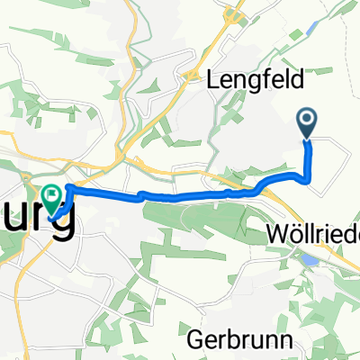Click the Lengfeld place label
pyautogui.click(x=256, y=79)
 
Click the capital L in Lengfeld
pyautogui.click(x=214, y=79)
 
